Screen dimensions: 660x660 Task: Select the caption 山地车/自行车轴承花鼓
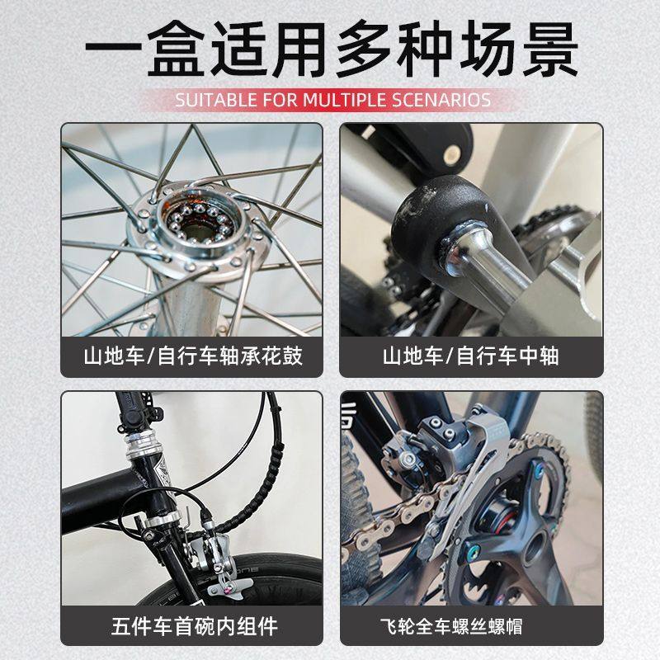[x=193, y=357]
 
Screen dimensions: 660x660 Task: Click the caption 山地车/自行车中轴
[x=471, y=357]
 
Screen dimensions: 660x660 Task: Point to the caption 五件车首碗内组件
[x=193, y=625]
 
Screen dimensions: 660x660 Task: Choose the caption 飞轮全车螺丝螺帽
[x=471, y=625]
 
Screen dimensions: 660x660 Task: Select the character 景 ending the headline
[x=540, y=51]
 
